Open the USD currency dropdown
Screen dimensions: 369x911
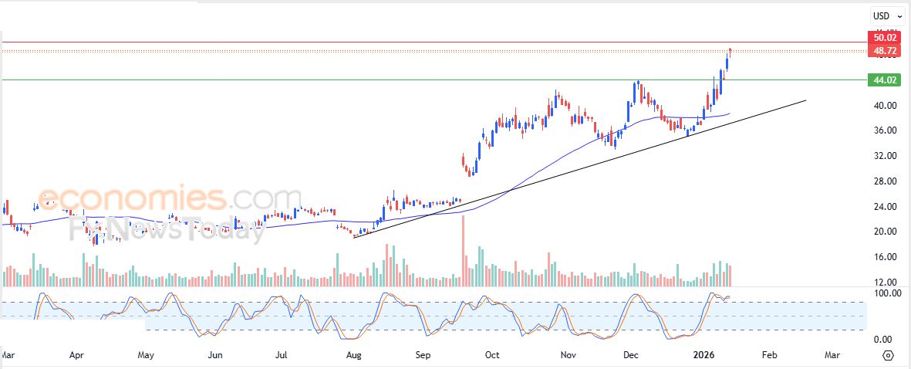[x=887, y=15]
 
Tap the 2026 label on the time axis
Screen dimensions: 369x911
[x=707, y=355]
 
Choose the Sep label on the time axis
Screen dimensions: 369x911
[x=423, y=355]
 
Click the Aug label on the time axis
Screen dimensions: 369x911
[x=353, y=355]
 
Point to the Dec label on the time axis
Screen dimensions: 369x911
[x=631, y=355]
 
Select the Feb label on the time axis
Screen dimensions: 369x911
[x=768, y=355]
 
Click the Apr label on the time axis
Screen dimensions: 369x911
[x=76, y=355]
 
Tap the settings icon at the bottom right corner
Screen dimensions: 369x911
[x=888, y=355]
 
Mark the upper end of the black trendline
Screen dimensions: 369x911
[x=806, y=100]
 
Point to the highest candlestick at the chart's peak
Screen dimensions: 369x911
[x=730, y=52]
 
